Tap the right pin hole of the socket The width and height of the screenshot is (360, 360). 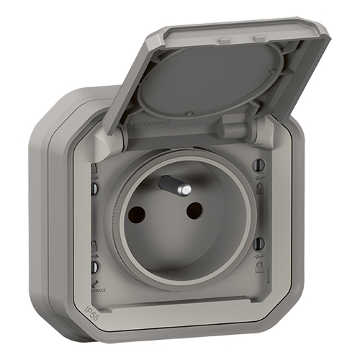(x=194, y=210)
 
